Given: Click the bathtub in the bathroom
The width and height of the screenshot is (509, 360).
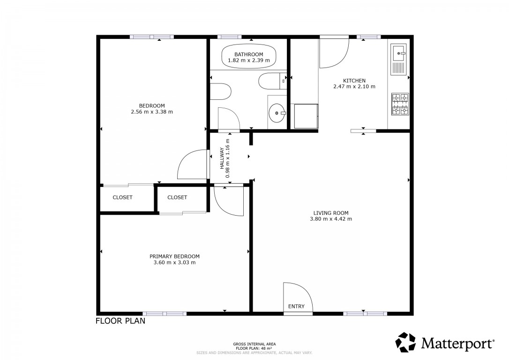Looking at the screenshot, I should click(x=248, y=57).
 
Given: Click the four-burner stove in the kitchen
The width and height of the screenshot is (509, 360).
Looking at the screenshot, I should click(x=400, y=104).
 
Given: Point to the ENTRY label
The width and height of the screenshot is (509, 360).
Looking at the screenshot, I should click(x=296, y=306).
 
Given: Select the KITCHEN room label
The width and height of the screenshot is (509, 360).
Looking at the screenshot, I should click(x=354, y=81).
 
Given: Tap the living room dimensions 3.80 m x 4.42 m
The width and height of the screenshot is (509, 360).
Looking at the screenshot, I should click(x=331, y=219).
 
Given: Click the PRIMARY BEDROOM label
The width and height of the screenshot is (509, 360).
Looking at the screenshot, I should click(x=174, y=256).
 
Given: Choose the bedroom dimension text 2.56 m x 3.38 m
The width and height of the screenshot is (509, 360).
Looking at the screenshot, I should click(x=152, y=112).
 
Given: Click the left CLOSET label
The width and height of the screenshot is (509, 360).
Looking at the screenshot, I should click(x=122, y=197).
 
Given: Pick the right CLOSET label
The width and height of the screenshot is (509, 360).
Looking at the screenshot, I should click(x=177, y=197).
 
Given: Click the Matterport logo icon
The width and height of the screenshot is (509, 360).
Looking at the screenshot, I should click(x=405, y=342).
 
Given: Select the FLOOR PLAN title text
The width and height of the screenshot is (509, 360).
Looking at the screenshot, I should click(x=120, y=321).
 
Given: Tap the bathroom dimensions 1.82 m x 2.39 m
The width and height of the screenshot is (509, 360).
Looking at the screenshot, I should click(x=248, y=60).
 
